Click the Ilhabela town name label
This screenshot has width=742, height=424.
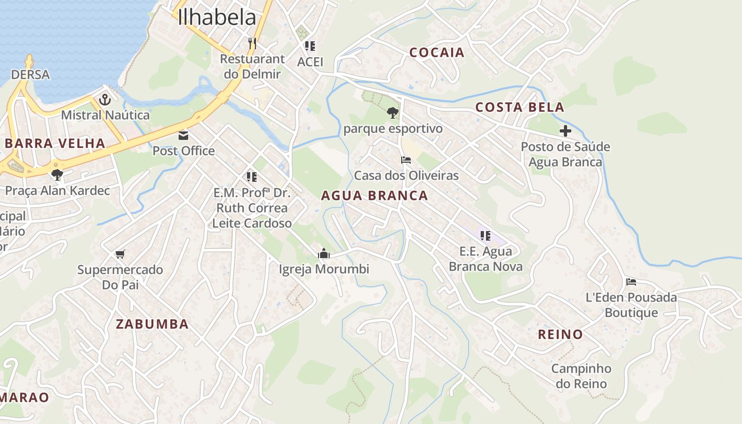pos(217,17)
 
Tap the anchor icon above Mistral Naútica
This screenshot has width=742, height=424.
pos(105,99)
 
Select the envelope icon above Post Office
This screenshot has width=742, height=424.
pos(183,135)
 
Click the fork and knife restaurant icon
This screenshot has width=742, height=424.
pos(252,43)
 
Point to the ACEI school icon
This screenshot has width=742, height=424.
pos(310,46)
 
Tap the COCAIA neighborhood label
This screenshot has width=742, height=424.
pos(437,52)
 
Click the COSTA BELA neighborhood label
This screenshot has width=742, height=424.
pos(519,107)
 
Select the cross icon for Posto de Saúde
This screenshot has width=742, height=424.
pos(566,131)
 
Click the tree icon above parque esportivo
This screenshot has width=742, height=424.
pos(392,112)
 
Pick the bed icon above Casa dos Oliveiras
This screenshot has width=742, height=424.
pos(406,160)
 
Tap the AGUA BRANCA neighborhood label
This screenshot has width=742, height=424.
pos(374,196)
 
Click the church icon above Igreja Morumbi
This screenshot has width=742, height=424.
pos(324,254)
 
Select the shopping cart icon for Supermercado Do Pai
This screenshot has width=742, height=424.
pos(120,254)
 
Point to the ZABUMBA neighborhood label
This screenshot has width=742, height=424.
pos(152,324)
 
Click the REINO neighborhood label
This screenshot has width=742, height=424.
pos(560,334)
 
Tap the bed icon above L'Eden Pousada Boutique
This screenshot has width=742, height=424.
pos(631,282)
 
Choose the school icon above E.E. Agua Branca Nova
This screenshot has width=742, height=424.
pos(485,235)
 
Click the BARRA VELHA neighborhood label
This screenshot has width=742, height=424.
pos(55,143)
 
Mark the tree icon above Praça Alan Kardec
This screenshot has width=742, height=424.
pos(57,174)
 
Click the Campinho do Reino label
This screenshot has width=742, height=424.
pos(581,376)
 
